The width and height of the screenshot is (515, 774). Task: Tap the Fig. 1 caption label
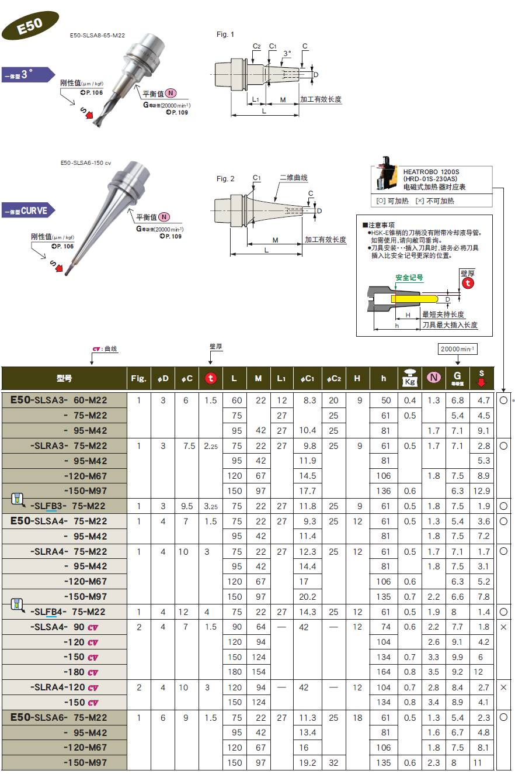coord(225,34)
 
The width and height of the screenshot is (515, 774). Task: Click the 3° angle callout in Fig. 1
coord(286,53)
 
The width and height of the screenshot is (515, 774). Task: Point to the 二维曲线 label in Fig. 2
coord(293,178)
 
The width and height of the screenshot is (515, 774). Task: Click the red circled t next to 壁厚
coord(468,283)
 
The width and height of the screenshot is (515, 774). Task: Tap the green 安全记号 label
coord(409,278)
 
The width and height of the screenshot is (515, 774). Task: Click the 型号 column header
coord(64,378)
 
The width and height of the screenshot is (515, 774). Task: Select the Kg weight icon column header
coord(409,378)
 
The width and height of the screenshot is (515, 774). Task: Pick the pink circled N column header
coord(433,378)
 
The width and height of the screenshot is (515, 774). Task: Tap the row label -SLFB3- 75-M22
coord(68,506)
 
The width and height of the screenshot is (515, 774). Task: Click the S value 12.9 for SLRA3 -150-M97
coord(483,491)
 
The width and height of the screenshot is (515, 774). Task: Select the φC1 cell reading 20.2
coord(307,596)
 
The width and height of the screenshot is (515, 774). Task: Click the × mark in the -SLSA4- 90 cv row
coord(503,627)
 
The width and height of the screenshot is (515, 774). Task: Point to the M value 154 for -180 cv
coord(258,672)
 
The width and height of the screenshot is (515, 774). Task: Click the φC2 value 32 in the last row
coord(333,762)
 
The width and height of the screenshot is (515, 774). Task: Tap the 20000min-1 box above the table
coord(457,349)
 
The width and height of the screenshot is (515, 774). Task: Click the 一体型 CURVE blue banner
coord(27,210)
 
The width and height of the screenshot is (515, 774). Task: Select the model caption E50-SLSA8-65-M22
coord(97,36)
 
